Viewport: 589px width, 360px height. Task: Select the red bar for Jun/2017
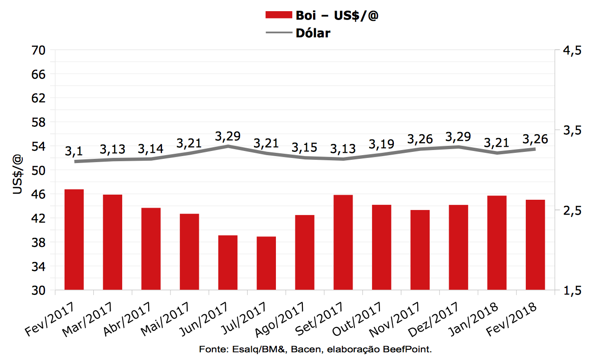[x=228, y=263]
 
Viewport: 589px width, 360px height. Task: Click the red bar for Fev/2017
[x=74, y=240]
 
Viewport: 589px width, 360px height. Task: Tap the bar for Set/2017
[x=343, y=242]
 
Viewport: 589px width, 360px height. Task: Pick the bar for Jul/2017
[x=266, y=263]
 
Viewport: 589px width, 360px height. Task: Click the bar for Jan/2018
[x=497, y=243]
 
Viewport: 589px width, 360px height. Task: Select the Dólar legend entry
[x=313, y=33]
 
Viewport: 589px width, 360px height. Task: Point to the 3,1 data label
[x=74, y=151]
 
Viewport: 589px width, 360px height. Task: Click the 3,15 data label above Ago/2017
[x=304, y=147]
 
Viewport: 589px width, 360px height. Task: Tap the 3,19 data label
[x=381, y=144]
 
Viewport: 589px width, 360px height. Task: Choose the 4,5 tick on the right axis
[x=572, y=51]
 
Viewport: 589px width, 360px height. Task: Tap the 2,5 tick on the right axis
[x=572, y=210]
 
